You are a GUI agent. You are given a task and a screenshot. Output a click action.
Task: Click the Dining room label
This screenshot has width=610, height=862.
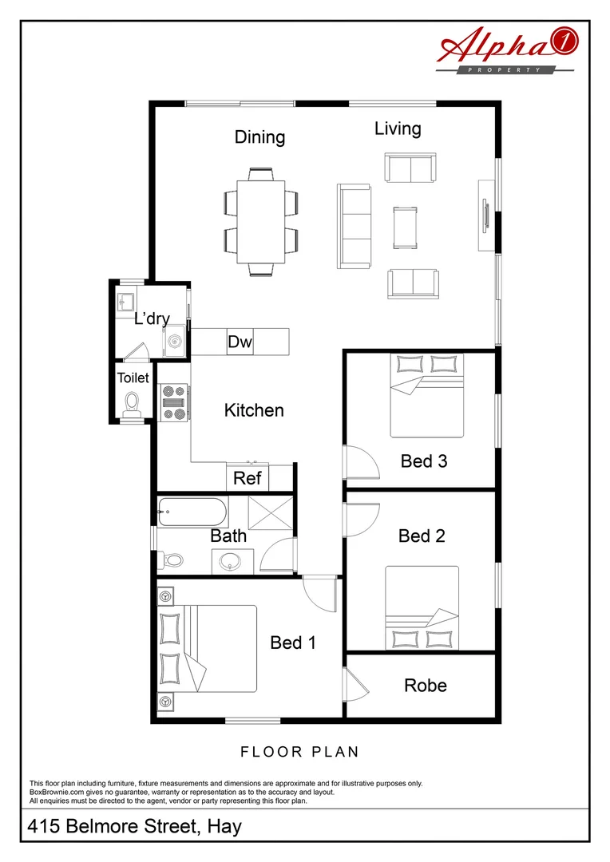pyautogui.click(x=259, y=137)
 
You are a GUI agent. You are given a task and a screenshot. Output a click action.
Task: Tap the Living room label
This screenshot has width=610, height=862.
pyautogui.click(x=398, y=129)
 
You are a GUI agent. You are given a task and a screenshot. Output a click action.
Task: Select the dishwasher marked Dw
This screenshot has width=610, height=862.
pyautogui.click(x=240, y=342)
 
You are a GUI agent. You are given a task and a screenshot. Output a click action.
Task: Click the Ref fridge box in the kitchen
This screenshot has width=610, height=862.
pyautogui.click(x=247, y=478)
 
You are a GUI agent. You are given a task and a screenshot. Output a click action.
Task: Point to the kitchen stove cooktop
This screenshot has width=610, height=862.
pyautogui.click(x=173, y=402)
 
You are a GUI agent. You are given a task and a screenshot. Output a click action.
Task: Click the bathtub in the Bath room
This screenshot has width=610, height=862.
pyautogui.click(x=192, y=512)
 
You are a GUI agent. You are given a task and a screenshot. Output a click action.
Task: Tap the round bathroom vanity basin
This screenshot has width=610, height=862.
pyautogui.click(x=232, y=561)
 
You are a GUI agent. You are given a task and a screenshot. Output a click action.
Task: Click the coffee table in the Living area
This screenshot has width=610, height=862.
pyautogui.click(x=405, y=226)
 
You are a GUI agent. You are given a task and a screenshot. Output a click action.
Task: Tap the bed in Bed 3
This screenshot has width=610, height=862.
pyautogui.click(x=426, y=396)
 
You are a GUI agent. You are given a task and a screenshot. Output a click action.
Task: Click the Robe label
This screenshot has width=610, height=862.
pyautogui.click(x=425, y=686)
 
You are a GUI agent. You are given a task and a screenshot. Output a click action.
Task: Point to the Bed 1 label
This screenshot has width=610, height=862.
pyautogui.click(x=293, y=643)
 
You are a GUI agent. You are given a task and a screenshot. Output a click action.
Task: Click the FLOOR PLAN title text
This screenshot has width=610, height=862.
pyautogui.click(x=299, y=752)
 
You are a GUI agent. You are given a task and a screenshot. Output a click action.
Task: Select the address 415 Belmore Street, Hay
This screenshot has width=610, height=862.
pyautogui.click(x=134, y=827)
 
